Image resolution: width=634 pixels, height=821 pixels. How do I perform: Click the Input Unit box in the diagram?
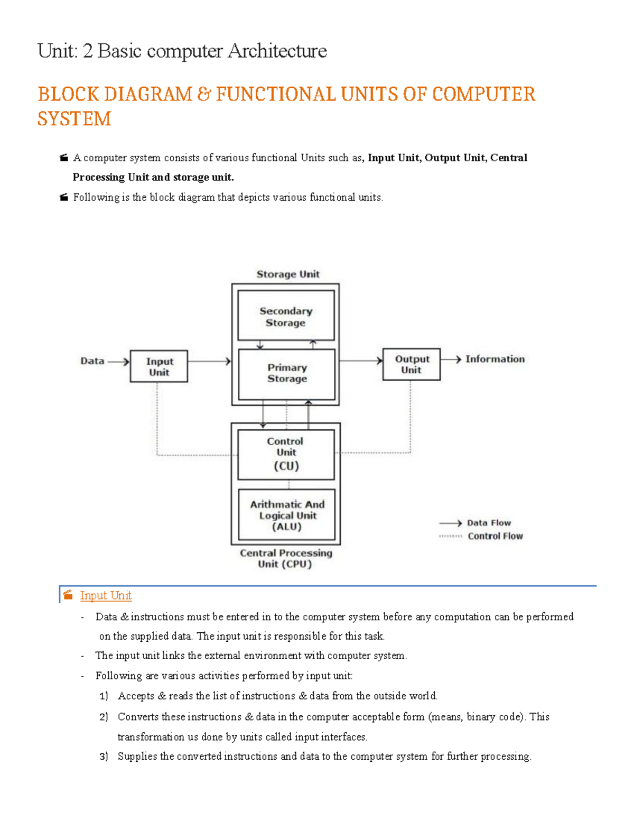click(158, 366)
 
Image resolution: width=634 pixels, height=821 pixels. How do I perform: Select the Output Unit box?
click(411, 364)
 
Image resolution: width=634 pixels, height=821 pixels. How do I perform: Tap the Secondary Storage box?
click(286, 316)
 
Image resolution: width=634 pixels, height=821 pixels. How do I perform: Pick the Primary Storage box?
click(286, 374)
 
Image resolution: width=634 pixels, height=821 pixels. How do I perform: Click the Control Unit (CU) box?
click(286, 455)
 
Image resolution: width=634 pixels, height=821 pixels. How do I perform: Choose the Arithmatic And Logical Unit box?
click(286, 514)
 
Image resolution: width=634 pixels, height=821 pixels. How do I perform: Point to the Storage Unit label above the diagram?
click(288, 274)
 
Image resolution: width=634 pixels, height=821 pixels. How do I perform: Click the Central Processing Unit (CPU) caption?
click(286, 558)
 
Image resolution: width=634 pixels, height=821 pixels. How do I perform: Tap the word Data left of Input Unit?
click(92, 361)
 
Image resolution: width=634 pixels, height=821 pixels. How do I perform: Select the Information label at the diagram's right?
click(495, 359)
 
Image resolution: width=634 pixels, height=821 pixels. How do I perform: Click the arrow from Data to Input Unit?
click(118, 362)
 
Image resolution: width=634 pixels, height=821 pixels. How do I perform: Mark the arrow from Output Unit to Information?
click(451, 359)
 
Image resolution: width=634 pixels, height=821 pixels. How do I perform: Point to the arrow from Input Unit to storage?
click(209, 362)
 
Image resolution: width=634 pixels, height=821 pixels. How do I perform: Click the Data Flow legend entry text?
click(489, 523)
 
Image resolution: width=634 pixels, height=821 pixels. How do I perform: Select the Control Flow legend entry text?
click(496, 536)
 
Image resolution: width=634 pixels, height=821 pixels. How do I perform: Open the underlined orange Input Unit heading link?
click(106, 595)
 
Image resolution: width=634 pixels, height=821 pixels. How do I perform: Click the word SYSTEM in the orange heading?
click(74, 118)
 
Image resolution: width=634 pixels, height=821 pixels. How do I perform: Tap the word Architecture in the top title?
click(277, 51)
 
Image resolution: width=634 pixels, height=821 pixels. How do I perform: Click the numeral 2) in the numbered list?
click(104, 717)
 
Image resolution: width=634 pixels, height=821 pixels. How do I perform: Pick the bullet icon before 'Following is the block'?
click(64, 197)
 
